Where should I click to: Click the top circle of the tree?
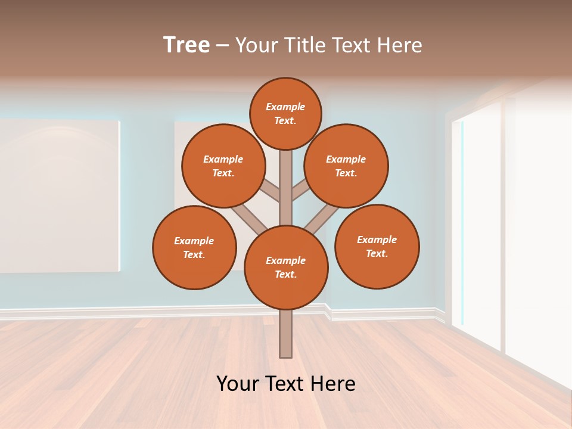click(285, 113)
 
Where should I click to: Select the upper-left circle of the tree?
click(223, 166)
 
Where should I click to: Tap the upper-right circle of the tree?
click(346, 166)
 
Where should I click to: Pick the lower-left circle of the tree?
click(194, 247)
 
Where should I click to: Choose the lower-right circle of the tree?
click(377, 246)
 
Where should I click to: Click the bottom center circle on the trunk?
click(286, 267)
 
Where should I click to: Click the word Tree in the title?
click(186, 45)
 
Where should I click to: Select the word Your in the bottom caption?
click(237, 383)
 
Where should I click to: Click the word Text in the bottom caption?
click(284, 383)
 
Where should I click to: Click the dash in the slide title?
click(222, 45)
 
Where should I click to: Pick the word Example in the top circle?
click(285, 107)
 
